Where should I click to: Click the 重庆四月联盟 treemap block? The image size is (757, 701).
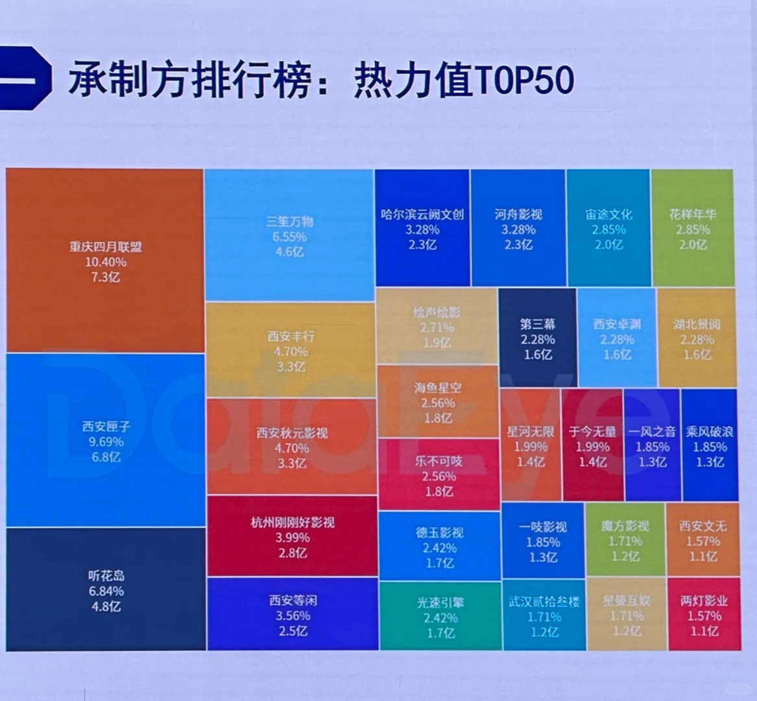pyautogui.click(x=105, y=261)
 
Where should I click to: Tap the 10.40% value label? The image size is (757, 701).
pyautogui.click(x=105, y=262)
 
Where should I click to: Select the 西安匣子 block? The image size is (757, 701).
pyautogui.click(x=105, y=440)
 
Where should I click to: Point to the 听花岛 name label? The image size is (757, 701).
pyautogui.click(x=106, y=576)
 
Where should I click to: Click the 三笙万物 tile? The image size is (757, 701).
pyautogui.click(x=289, y=235)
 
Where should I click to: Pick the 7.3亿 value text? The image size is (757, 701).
pyautogui.click(x=105, y=278)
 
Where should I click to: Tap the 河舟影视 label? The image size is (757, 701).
pyautogui.click(x=518, y=214)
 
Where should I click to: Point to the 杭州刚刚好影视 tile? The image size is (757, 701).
pyautogui.click(x=292, y=536)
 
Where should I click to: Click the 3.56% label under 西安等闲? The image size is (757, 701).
pyautogui.click(x=293, y=616)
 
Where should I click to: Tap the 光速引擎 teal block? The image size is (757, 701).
pyautogui.click(x=440, y=617)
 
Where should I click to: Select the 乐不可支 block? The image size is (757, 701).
pyautogui.click(x=439, y=475)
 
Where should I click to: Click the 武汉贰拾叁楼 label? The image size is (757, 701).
pyautogui.click(x=544, y=602)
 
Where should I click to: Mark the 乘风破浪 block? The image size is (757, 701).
pyautogui.click(x=710, y=445)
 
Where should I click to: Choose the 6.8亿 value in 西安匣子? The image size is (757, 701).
pyautogui.click(x=106, y=458)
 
